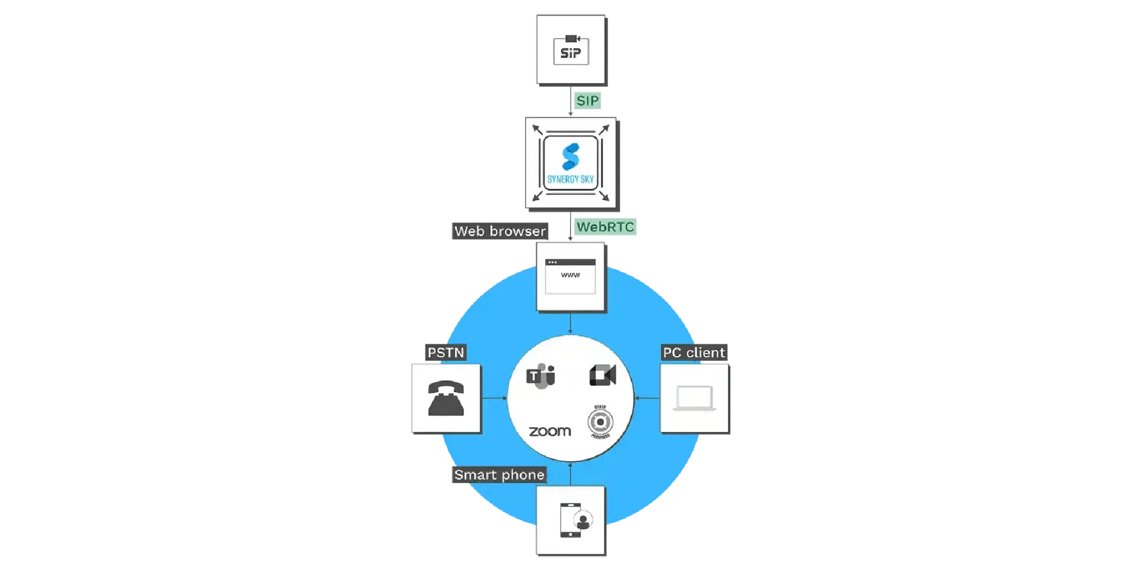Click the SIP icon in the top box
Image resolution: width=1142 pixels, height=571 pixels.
pos(571,51)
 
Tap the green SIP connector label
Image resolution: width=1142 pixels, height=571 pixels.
pos(587,100)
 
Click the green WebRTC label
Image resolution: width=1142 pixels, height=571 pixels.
pos(605,227)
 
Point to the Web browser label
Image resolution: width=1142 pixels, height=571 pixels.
pos(500,231)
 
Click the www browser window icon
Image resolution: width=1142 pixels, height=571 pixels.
pos(570,276)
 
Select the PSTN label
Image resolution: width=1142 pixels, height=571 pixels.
pos(446,353)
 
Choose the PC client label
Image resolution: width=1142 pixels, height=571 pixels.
pos(694,353)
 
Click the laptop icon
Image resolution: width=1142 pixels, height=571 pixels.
pos(694,398)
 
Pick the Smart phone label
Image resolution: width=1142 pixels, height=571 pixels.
pos(499,475)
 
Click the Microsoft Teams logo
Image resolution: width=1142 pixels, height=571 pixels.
pos(540,376)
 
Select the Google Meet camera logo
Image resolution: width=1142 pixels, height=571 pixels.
pos(603,375)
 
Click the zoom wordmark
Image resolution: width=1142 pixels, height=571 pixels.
pos(550,431)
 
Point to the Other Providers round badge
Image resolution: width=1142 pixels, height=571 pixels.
pos(600,422)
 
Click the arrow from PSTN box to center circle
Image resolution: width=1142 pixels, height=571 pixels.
pos(494,398)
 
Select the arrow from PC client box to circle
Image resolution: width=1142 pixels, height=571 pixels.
pos(647,398)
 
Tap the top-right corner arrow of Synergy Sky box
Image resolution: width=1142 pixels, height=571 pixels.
pos(604,130)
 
